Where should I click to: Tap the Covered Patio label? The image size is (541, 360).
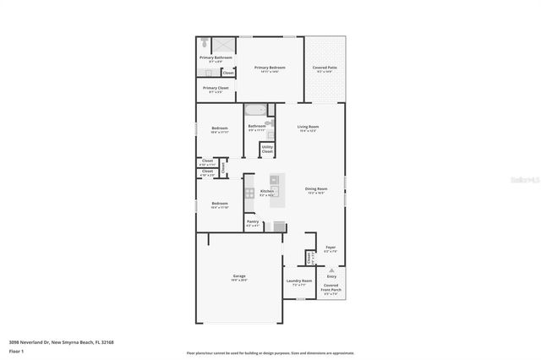[325, 68]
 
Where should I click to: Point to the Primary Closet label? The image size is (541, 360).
[216, 88]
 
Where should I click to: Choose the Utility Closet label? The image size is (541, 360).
[267, 150]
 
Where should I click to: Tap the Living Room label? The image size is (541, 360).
[308, 127]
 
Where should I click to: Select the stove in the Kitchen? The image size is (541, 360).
[249, 193]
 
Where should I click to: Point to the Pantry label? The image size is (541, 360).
[253, 223]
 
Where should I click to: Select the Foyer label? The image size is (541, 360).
[331, 248]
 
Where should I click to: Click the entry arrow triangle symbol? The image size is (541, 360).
[331, 270]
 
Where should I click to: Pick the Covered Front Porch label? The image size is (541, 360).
[331, 287]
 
